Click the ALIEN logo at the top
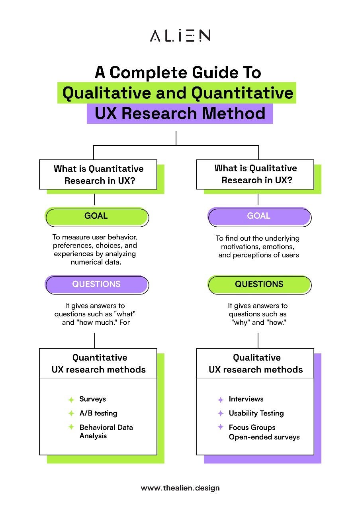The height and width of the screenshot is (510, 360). pos(180,35)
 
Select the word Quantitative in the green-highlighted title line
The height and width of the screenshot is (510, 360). pos(242,93)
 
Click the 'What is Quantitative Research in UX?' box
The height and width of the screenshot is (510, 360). pos(98,175)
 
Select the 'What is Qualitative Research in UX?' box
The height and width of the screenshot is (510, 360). pos(255,175)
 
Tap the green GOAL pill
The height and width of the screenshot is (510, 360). pos(97,216)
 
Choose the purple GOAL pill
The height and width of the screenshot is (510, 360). pos(259,216)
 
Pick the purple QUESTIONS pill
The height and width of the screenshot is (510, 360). pos(97,284)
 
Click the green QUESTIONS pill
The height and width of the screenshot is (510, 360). pos(259,284)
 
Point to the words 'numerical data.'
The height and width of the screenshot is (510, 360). pos(96,262)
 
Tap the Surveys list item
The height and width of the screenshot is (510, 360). pos(92,399)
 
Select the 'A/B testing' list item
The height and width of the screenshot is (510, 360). pos(98,413)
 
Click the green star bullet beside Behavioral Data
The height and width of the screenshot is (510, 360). pos(71,427)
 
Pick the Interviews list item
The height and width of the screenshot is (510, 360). pos(246,399)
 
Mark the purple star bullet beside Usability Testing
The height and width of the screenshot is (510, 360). pos(221,413)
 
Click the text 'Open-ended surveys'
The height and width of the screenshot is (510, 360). pos(264,437)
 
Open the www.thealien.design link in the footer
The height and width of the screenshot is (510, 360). pos(180,488)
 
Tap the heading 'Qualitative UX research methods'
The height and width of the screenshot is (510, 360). pos(256,363)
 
